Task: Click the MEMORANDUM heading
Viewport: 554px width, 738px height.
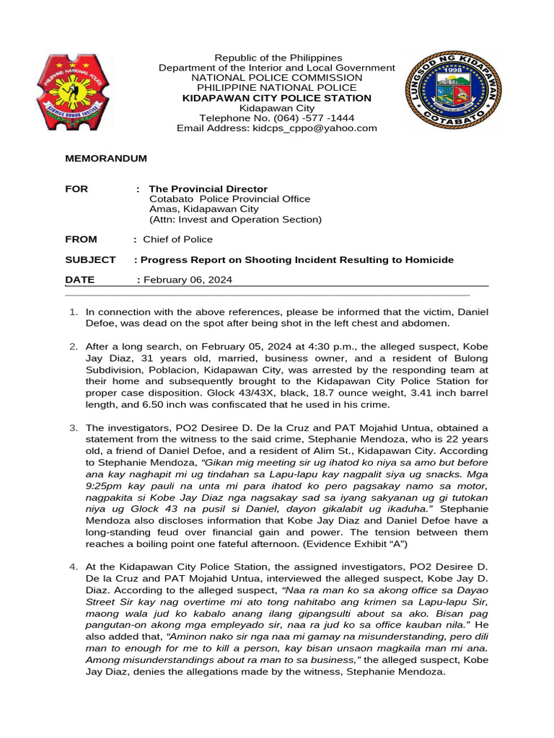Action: click(106, 159)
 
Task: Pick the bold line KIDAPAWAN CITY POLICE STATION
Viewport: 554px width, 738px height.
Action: click(277, 98)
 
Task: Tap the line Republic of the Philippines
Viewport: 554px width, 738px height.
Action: click(277, 58)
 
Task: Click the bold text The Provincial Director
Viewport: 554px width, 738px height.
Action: click(208, 189)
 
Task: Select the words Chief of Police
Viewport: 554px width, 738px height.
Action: click(177, 239)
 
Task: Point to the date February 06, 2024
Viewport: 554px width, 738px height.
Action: click(188, 280)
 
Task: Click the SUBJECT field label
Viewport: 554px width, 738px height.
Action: click(90, 259)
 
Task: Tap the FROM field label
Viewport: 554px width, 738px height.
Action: click(81, 239)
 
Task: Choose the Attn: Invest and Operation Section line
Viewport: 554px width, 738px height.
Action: click(235, 219)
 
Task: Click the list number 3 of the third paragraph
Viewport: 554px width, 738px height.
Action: click(73, 428)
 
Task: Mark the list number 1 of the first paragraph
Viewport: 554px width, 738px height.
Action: click(73, 312)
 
